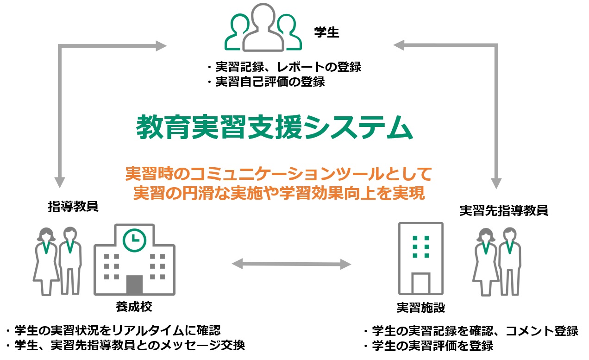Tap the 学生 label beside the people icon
pos(326,33)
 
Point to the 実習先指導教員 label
pos(504,210)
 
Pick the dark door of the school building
pos(134,285)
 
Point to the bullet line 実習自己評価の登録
pos(266,82)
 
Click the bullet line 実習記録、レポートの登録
pos(284,67)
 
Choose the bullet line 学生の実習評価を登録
pos(428,346)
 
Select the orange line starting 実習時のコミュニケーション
pos(279,175)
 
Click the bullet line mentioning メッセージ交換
pos(125,346)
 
